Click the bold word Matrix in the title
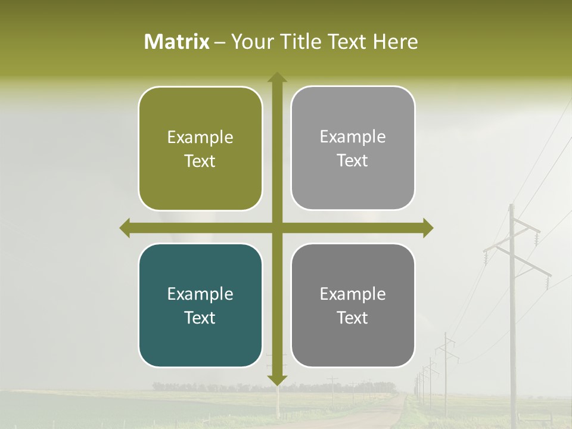(x=177, y=42)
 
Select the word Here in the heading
(x=395, y=42)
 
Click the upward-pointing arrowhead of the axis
(x=277, y=77)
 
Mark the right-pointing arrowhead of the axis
(x=428, y=228)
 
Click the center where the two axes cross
(x=277, y=228)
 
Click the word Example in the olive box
(x=200, y=137)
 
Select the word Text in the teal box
(x=200, y=318)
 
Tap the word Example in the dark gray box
(x=353, y=294)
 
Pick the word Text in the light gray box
(x=353, y=160)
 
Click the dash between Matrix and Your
(x=220, y=42)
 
